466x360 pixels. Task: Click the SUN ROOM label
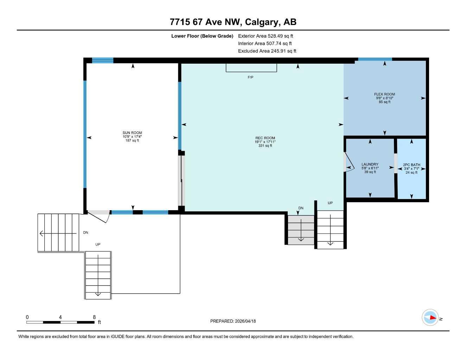[x=132, y=133]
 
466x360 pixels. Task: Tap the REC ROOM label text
[x=265, y=138]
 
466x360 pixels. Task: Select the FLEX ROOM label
[x=384, y=94]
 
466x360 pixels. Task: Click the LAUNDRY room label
[x=370, y=165]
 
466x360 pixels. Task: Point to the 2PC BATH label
[x=411, y=165]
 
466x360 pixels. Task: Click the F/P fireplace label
[x=250, y=77]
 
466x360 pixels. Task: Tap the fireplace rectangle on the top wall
[x=251, y=67]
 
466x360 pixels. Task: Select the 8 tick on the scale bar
[x=94, y=317]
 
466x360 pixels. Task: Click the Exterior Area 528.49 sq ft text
[x=266, y=36]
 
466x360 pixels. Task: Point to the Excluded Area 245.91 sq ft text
[x=267, y=51]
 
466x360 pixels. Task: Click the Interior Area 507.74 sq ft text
[x=265, y=44]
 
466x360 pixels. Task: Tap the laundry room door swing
[x=349, y=162]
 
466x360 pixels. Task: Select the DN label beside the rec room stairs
[x=301, y=208]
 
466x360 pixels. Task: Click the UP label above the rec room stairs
[x=330, y=203]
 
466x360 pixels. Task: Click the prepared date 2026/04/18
[x=233, y=321]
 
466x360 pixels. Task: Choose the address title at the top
[x=233, y=22]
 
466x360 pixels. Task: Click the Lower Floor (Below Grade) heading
[x=202, y=36]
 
